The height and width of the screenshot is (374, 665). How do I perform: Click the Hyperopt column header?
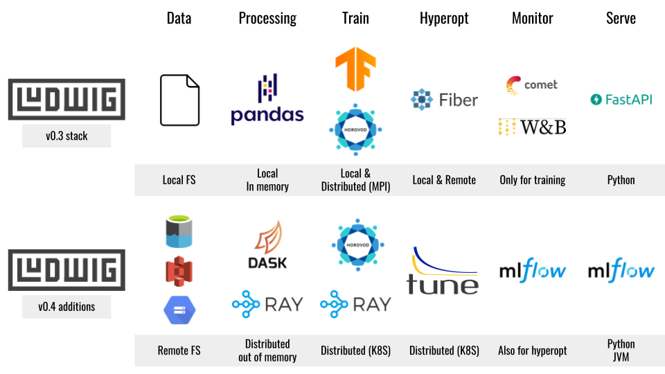[x=443, y=19]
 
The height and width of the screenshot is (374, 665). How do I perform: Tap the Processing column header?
[x=267, y=19]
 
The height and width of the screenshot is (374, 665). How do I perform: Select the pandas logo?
[x=267, y=100]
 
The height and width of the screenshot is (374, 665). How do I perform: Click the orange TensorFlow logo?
[x=355, y=67]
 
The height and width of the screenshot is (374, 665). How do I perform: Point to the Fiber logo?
[x=444, y=100]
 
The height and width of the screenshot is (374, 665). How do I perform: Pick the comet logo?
[x=531, y=85]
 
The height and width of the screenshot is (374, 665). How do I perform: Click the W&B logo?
[x=532, y=127]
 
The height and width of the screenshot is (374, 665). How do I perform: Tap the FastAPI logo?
[x=621, y=100]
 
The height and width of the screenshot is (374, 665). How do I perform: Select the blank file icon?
[x=179, y=100]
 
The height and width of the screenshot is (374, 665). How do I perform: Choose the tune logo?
[x=443, y=271]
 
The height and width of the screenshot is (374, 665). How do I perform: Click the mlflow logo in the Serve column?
[x=621, y=271]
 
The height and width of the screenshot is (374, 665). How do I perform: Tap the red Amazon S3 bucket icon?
[x=179, y=271]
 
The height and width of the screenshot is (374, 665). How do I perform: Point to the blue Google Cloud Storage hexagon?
[x=179, y=309]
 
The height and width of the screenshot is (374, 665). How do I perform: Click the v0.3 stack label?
[x=66, y=136]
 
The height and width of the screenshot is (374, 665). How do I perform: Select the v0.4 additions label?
[x=66, y=307]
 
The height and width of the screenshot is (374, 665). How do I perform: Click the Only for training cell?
[x=532, y=180]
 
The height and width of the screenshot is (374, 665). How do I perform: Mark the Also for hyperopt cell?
[x=532, y=350]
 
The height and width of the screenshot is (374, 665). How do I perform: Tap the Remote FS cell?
[x=179, y=350]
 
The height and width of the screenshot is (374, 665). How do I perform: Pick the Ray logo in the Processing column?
[x=267, y=304]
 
